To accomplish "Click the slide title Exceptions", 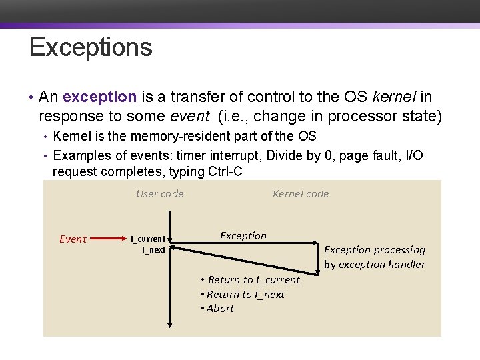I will tap(91, 48).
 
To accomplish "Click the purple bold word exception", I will tap(100, 97).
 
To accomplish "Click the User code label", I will tap(159, 194).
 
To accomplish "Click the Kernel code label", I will tap(301, 194).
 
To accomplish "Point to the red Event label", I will tap(73, 239).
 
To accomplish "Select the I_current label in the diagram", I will tap(148, 239).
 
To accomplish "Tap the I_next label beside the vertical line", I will tap(153, 250).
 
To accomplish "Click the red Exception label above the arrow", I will tap(243, 236).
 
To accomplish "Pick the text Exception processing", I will tap(375, 250).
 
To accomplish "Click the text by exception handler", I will tap(375, 265).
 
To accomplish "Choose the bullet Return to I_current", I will tap(251, 280).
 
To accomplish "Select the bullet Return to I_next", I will tap(243, 295).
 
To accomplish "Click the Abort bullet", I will tap(217, 309).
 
